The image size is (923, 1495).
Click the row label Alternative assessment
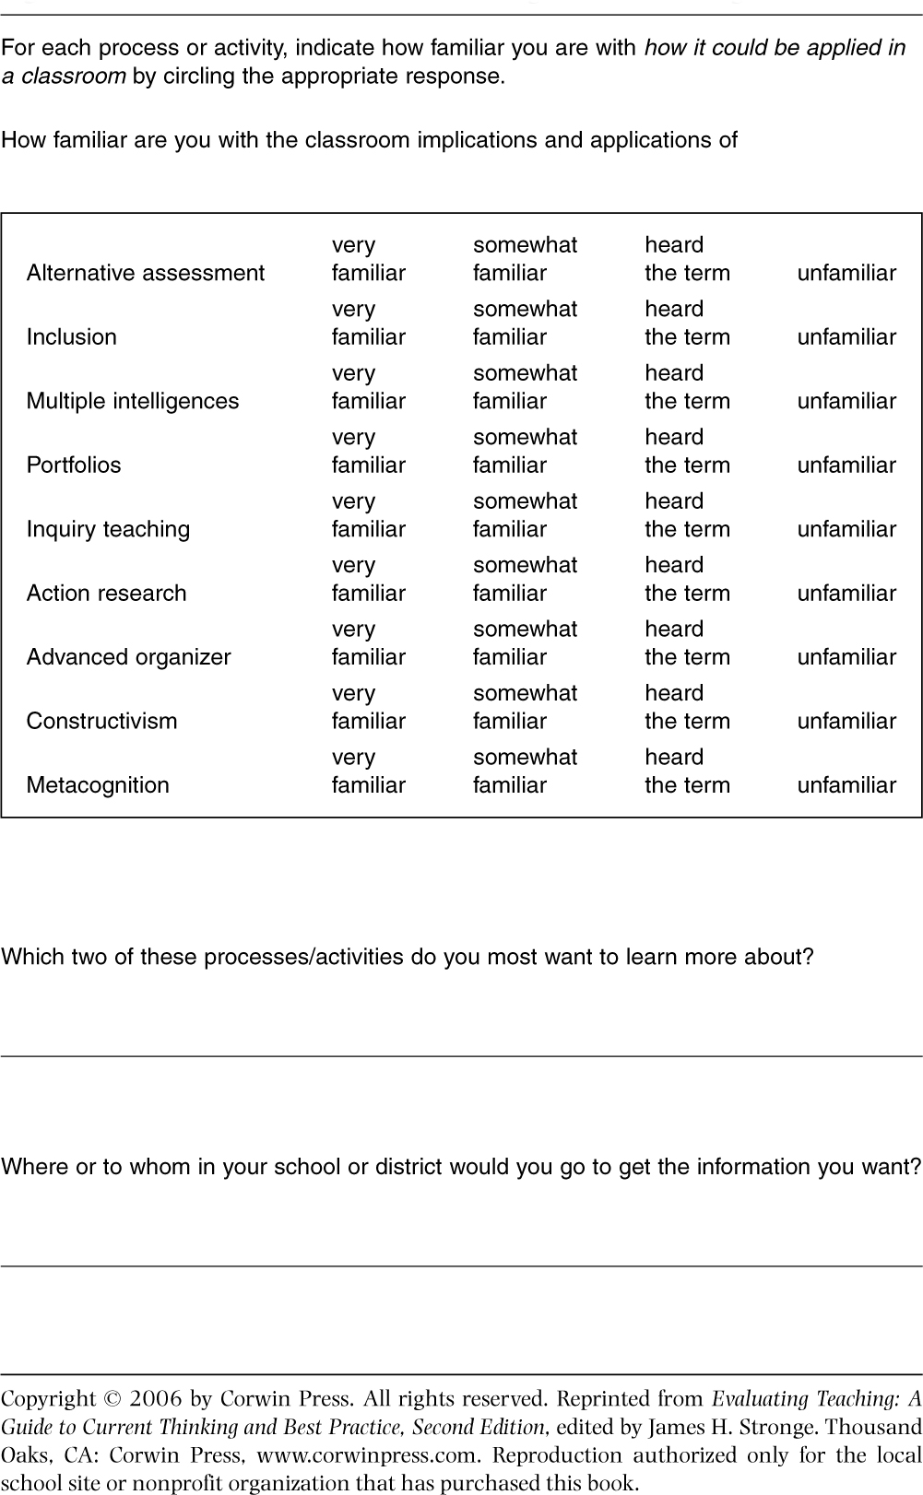click(145, 273)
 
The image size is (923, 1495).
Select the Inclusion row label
click(71, 336)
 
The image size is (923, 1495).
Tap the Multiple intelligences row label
click(132, 401)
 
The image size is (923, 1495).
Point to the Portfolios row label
click(73, 465)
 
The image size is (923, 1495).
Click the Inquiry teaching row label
click(108, 529)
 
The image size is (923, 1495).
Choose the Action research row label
click(106, 593)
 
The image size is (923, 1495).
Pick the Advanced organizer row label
click(128, 657)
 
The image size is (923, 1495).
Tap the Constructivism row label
click(101, 721)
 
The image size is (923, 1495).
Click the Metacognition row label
click(98, 785)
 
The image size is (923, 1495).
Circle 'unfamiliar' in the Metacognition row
click(846, 785)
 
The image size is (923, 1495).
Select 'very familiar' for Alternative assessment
click(368, 260)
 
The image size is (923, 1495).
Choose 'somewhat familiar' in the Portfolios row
click(525, 452)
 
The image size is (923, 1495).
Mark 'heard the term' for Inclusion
click(687, 324)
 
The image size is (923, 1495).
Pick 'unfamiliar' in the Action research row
click(846, 593)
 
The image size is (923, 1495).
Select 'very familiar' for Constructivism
click(368, 708)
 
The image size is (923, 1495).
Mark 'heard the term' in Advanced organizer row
click(687, 643)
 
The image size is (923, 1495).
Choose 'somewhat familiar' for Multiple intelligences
click(525, 388)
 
